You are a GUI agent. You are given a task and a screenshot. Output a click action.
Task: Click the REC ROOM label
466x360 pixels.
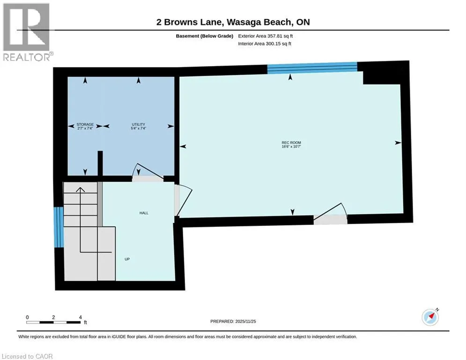click(291, 142)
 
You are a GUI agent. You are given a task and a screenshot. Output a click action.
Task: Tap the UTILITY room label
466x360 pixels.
click(139, 124)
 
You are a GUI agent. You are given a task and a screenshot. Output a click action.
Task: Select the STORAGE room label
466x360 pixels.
click(85, 124)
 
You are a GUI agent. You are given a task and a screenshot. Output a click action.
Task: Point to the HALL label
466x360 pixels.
click(144, 213)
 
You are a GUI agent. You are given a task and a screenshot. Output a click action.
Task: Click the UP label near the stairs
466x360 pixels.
click(127, 259)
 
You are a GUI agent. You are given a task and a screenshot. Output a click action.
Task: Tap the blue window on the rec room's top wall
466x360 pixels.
click(312, 68)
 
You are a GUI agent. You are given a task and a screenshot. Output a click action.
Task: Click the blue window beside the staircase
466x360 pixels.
click(59, 227)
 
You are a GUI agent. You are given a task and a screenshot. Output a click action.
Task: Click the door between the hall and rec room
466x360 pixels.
click(183, 200)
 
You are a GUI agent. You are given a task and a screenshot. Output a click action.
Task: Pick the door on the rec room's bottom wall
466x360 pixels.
click(331, 214)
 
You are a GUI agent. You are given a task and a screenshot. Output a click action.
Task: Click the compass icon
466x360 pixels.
click(430, 317)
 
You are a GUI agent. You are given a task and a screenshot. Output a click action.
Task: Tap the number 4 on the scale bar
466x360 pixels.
click(80, 317)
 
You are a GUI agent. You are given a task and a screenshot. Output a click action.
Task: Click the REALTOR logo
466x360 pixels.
click(27, 32)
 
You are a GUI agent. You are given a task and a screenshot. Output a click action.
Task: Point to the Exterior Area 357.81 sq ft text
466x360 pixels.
click(266, 36)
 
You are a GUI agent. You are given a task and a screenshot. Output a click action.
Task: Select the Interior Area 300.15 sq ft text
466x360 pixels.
click(265, 44)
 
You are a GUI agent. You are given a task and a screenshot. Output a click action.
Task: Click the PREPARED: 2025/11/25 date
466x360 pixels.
click(233, 321)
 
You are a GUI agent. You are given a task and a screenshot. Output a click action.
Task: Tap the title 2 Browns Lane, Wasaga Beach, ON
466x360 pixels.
click(233, 22)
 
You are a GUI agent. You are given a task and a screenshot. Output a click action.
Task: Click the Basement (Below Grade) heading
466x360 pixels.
click(205, 36)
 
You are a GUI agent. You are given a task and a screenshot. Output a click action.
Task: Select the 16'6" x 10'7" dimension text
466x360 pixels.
click(291, 146)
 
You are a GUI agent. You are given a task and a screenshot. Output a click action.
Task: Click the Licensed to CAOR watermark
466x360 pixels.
click(27, 356)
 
